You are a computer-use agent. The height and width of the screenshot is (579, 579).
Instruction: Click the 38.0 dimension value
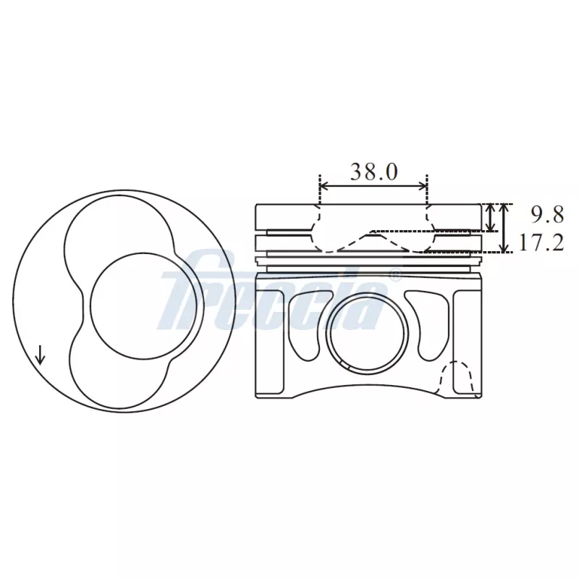(373, 172)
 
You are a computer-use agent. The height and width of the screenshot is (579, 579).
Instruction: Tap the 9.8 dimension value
(547, 214)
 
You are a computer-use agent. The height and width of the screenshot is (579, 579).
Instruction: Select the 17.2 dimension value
(541, 242)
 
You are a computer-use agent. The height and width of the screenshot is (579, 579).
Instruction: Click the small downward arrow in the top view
(40, 355)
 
